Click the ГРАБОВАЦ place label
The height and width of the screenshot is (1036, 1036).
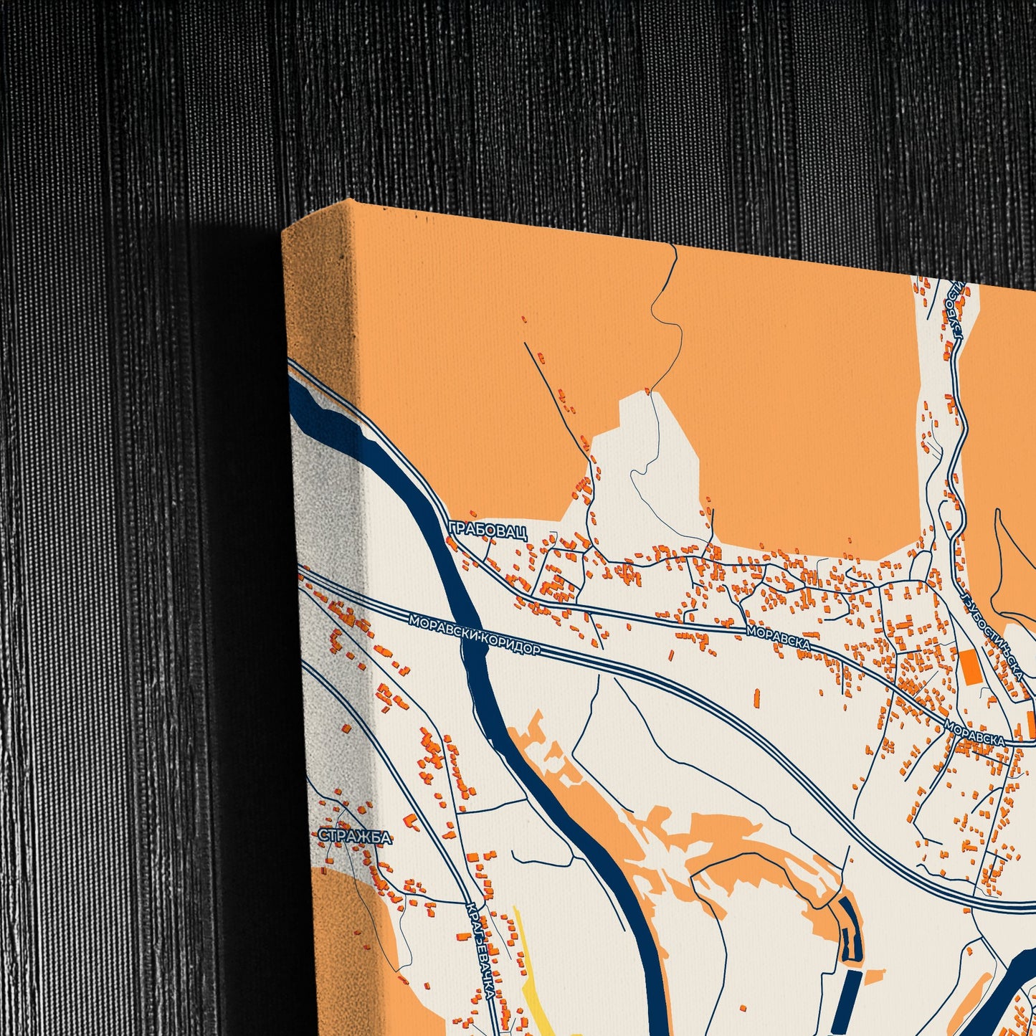[488, 531]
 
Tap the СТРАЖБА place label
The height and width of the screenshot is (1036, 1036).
[356, 837]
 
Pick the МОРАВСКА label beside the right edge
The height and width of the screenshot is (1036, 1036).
[974, 733]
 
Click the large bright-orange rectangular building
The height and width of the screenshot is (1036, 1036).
[970, 667]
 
